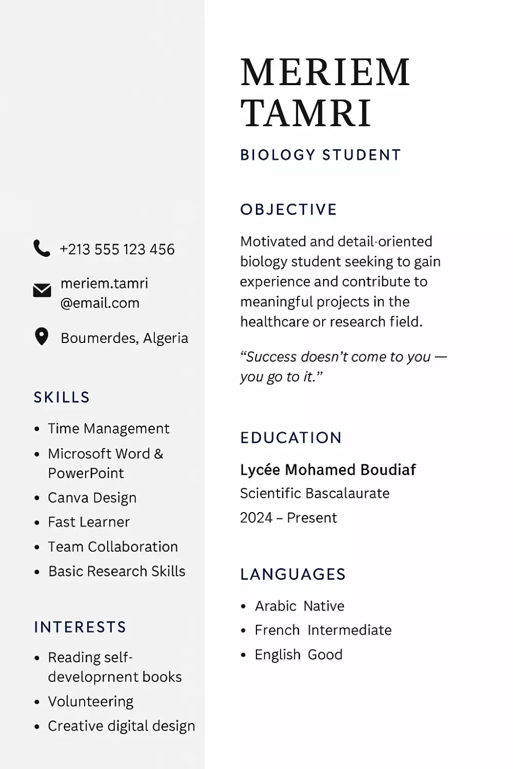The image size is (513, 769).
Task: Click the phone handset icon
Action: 42,248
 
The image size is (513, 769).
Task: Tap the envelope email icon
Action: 42,291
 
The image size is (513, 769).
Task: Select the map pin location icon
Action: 41,337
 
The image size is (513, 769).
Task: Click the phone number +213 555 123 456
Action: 117,249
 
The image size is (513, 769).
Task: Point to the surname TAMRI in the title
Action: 306,113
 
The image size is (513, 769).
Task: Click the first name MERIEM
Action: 325,72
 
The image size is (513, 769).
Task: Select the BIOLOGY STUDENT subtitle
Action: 321,155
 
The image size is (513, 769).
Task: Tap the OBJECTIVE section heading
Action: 289,209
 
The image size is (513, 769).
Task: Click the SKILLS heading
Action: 62,397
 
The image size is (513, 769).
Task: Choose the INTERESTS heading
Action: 80,627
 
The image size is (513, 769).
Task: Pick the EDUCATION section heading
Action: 291,437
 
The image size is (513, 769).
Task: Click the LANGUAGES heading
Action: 293,574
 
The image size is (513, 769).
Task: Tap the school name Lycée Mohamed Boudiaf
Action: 328,470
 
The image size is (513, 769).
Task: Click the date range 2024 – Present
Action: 288,518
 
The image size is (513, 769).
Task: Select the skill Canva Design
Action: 92,498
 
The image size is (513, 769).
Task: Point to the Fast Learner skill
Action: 89,522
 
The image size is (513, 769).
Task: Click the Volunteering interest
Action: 91,701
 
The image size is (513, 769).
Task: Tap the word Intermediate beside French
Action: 349,630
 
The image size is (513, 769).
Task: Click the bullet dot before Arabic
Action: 244,606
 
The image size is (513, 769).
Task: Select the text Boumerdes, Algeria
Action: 124,338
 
